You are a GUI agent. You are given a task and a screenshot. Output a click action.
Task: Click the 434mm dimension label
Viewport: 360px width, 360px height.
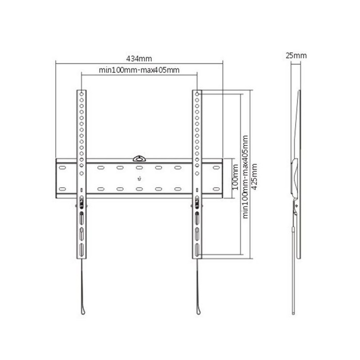click(x=139, y=59)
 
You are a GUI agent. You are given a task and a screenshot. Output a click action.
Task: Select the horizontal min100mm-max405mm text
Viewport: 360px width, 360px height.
click(x=139, y=70)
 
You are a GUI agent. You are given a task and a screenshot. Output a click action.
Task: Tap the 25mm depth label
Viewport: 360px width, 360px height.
click(x=296, y=55)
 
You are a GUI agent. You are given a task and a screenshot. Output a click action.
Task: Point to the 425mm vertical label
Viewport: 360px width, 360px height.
click(x=254, y=176)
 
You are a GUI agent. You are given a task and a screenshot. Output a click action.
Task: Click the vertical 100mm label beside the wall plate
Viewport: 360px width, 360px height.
click(x=235, y=177)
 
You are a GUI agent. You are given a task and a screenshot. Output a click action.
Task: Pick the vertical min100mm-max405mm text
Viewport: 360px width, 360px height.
click(x=245, y=177)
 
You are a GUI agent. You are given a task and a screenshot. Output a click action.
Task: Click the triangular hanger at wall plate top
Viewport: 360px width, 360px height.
click(x=139, y=159)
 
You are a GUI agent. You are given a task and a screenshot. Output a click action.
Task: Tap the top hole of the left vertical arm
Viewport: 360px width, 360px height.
click(x=81, y=94)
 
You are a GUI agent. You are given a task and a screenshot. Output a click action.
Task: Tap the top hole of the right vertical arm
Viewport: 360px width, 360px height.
click(x=197, y=94)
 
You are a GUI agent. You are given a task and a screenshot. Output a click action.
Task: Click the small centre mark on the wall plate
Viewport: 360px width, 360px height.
click(x=139, y=178)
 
